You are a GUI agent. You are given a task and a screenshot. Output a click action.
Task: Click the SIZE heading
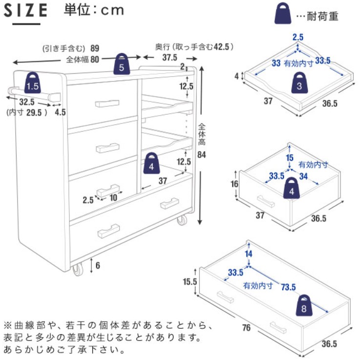click(x=29, y=10)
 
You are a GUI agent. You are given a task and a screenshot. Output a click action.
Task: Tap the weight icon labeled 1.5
click(x=33, y=83)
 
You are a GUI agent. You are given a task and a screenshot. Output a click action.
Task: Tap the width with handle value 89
click(x=95, y=48)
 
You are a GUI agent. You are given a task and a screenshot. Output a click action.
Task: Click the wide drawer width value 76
click(x=246, y=328)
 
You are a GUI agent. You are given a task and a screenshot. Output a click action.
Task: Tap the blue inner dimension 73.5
click(x=288, y=287)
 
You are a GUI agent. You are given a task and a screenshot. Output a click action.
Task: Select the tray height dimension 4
click(x=237, y=76)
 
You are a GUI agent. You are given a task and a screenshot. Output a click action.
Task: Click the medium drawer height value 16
click(x=234, y=184)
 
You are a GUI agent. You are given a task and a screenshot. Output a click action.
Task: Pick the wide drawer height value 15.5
click(x=189, y=282)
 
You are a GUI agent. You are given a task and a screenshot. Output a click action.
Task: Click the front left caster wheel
click(x=78, y=270)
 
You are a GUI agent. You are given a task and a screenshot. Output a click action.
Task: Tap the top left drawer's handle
click(x=107, y=103)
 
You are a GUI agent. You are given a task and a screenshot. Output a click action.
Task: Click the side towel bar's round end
click(x=11, y=91)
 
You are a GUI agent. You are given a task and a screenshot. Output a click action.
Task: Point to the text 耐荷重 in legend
click(x=323, y=17)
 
